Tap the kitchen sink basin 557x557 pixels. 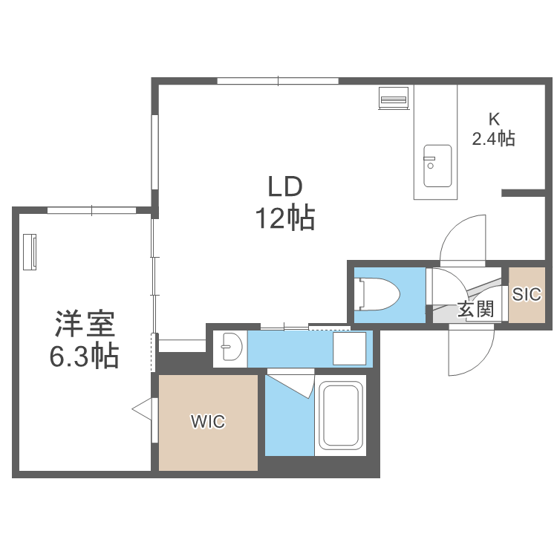[x=437, y=166]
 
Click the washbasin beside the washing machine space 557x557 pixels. [x=231, y=348]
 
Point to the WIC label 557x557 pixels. [x=207, y=422]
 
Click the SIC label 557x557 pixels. [x=527, y=294]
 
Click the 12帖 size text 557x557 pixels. [x=285, y=218]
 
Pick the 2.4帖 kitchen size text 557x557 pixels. [x=494, y=138]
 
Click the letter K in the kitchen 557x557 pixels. [x=493, y=119]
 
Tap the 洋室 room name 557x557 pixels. [x=84, y=325]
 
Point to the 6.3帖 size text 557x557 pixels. [x=84, y=358]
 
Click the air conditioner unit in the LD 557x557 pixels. [x=393, y=98]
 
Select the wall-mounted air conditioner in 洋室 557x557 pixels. [x=31, y=253]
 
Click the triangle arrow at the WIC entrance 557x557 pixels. [x=142, y=408]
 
